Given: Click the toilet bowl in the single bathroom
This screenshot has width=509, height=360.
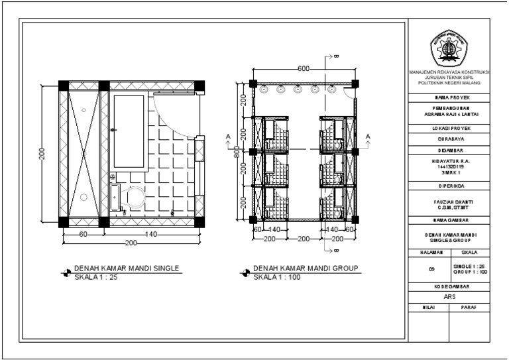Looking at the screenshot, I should click(135, 197).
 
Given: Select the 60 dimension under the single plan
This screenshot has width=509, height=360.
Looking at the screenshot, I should click(84, 234).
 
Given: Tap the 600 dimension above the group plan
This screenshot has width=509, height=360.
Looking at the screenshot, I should click(304, 69).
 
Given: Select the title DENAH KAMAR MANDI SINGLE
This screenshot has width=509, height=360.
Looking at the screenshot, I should click(127, 269).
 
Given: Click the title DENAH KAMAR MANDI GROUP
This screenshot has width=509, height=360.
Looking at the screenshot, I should click(306, 269).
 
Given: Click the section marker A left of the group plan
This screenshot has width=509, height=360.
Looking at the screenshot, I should click(228, 137).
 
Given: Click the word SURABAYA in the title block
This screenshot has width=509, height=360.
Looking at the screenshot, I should click(450, 140).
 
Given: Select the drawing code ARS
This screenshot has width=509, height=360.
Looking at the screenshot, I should click(450, 297).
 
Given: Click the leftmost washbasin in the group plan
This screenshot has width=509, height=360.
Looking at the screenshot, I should click(264, 88).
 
